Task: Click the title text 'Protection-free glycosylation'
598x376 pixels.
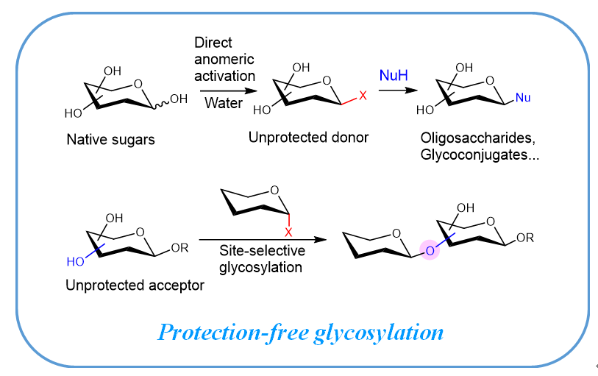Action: point(300,333)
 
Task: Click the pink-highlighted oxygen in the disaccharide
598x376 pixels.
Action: point(431,250)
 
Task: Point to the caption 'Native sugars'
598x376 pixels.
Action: point(110,139)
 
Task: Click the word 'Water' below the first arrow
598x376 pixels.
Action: point(224,103)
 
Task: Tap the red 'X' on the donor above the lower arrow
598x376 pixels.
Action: point(291,230)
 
